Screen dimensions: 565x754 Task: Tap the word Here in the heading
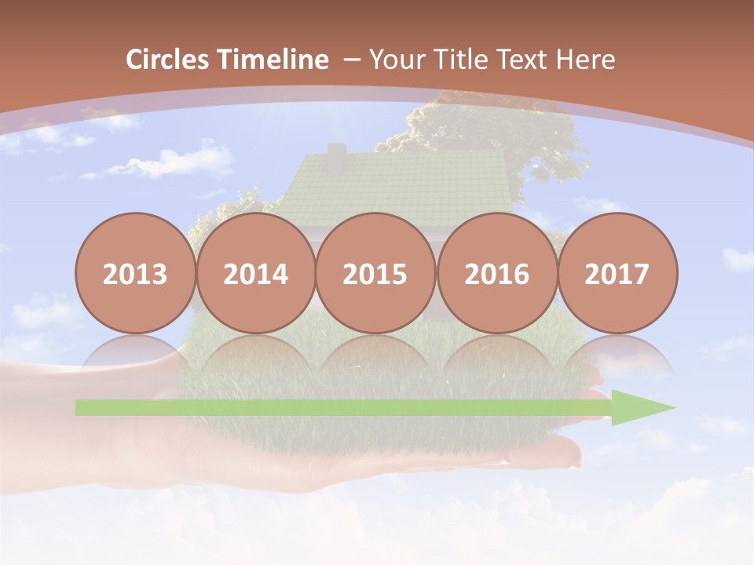pyautogui.click(x=585, y=60)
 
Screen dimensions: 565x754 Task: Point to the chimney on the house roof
pyautogui.click(x=336, y=157)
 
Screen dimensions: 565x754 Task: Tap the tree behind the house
pyautogui.click(x=487, y=129)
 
